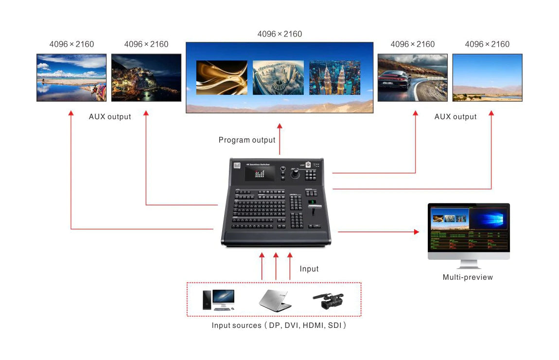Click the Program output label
point(247,140)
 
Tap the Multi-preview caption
point(468,277)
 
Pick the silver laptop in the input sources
point(275,300)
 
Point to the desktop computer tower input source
point(207,300)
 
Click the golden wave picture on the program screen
point(222,77)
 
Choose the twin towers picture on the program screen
point(334,77)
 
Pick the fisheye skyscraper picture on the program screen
point(278,77)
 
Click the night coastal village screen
point(146,77)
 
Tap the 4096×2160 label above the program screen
point(279,34)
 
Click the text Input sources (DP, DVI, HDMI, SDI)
point(279,325)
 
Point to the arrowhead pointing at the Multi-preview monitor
point(416,232)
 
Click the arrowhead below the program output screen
point(279,126)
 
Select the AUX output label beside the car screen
point(455,117)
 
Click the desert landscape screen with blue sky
point(487,77)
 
